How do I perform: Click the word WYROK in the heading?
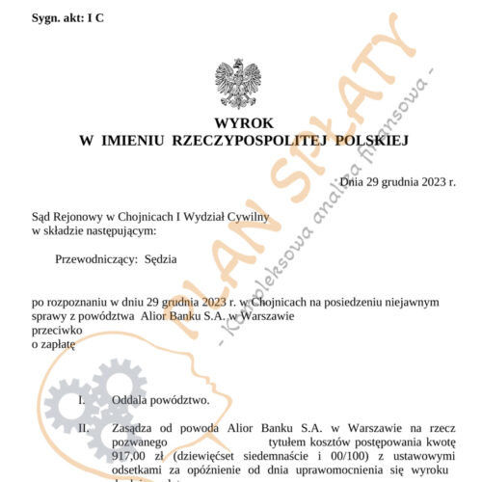(x=240, y=124)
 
